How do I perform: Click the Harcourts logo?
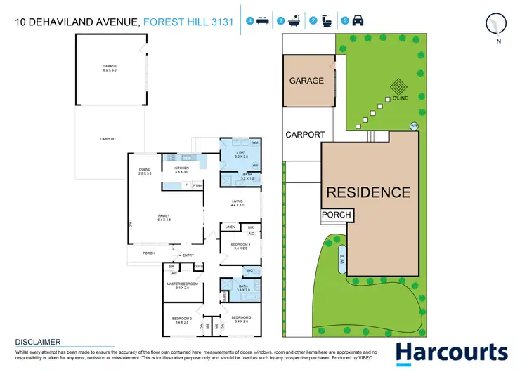pyautogui.click(x=451, y=353)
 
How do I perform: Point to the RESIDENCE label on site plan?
pyautogui.click(x=367, y=192)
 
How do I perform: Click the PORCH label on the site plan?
pyautogui.click(x=336, y=215)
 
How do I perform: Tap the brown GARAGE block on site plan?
pyautogui.click(x=307, y=81)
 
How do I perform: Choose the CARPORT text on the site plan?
pyautogui.click(x=305, y=135)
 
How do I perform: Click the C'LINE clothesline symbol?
pyautogui.click(x=398, y=88)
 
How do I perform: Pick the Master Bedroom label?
pyautogui.click(x=181, y=284)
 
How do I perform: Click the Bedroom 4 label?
pyautogui.click(x=240, y=245)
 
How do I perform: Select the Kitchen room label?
pyautogui.click(x=181, y=169)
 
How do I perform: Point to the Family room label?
pyautogui.click(x=164, y=218)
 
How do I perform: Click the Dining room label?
pyautogui.click(x=145, y=171)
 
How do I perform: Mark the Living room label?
pyautogui.click(x=238, y=204)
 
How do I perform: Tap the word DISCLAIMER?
pyautogui.click(x=39, y=343)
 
